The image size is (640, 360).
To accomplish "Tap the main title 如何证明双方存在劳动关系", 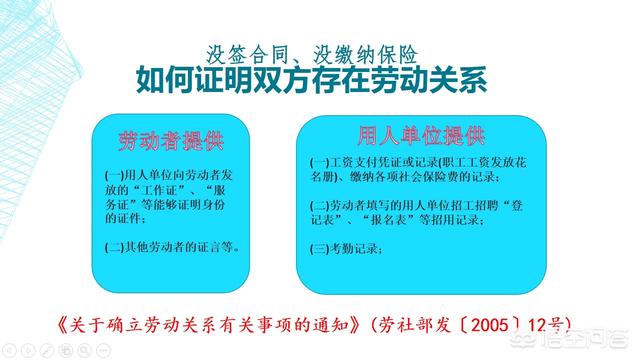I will [x=317, y=79].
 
